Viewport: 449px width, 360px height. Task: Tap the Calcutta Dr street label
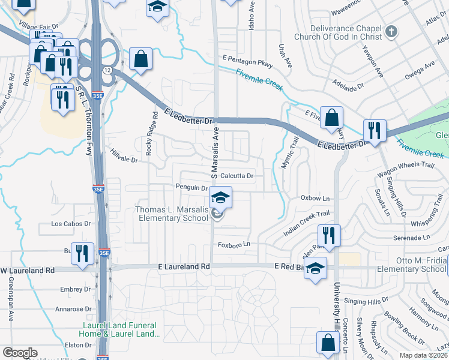click(x=238, y=176)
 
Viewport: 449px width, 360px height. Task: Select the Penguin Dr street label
click(x=191, y=187)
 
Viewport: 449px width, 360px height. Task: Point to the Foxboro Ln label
click(x=234, y=245)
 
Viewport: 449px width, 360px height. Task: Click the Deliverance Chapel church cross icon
click(x=391, y=31)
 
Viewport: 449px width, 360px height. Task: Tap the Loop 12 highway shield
click(x=107, y=70)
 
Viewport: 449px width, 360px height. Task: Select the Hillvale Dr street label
click(x=124, y=157)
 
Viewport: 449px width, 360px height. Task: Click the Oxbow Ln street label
click(x=315, y=198)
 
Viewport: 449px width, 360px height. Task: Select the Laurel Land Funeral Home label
click(x=121, y=330)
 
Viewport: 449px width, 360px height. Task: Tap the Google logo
click(x=20, y=353)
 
